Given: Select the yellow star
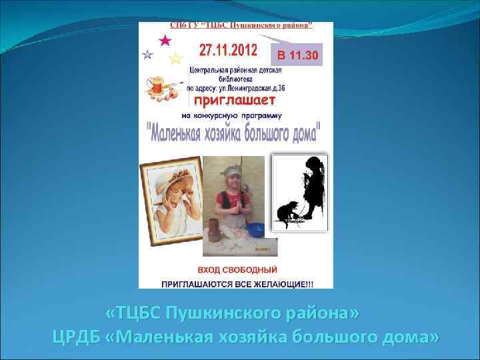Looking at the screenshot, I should (175, 59).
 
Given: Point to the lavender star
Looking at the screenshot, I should (147, 55).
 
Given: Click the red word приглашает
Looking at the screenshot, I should (233, 101).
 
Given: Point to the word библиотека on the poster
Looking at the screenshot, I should (235, 78).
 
